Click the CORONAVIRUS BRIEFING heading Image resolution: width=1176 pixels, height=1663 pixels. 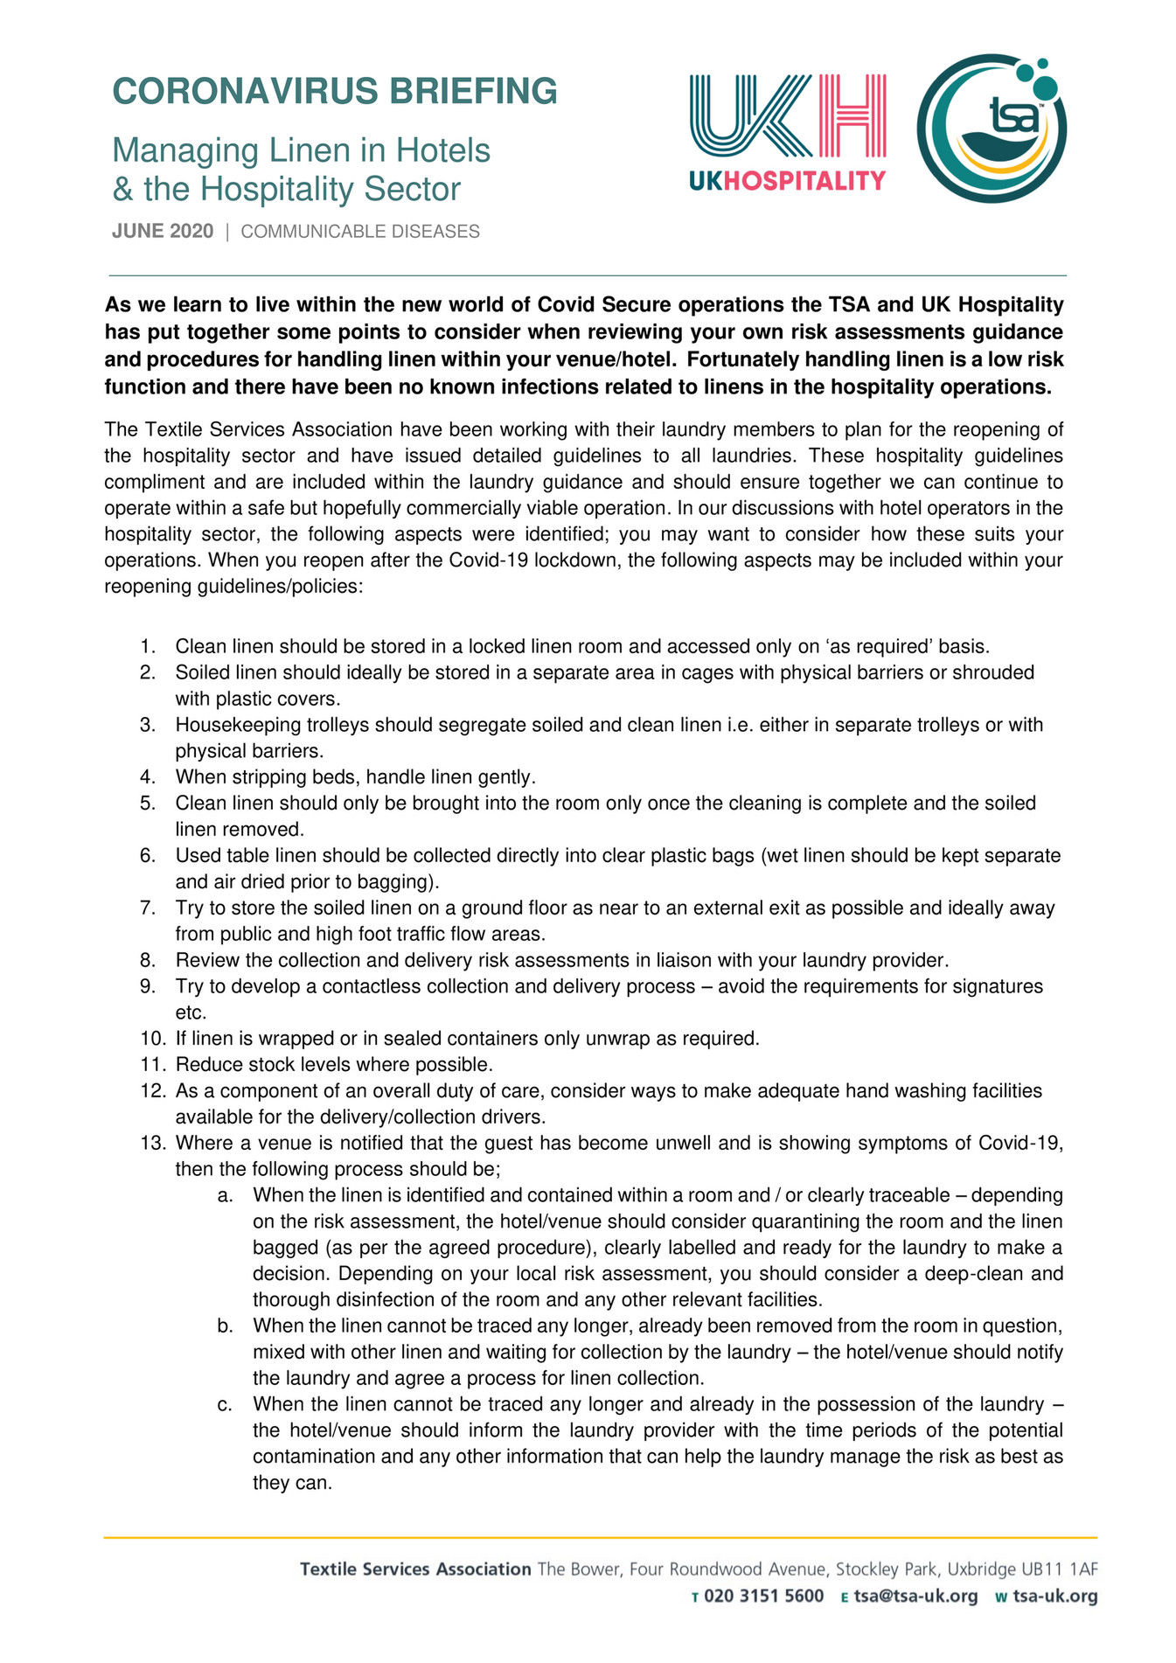[x=334, y=92]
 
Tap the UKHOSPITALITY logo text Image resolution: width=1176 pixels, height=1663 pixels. [x=787, y=181]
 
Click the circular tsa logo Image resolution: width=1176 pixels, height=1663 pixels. [x=992, y=129]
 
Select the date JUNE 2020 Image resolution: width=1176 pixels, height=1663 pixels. [x=163, y=232]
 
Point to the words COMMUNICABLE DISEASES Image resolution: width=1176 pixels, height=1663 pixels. [x=360, y=232]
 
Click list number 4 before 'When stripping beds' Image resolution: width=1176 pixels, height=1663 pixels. [x=148, y=777]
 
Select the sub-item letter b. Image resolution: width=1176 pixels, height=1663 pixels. [x=226, y=1326]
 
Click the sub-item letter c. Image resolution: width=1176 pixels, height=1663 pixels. [x=226, y=1405]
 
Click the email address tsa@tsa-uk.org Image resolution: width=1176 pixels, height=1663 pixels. [x=916, y=1597]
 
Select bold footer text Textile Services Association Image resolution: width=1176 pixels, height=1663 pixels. [x=415, y=1569]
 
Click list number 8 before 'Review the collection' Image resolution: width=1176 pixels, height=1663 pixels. [x=148, y=960]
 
